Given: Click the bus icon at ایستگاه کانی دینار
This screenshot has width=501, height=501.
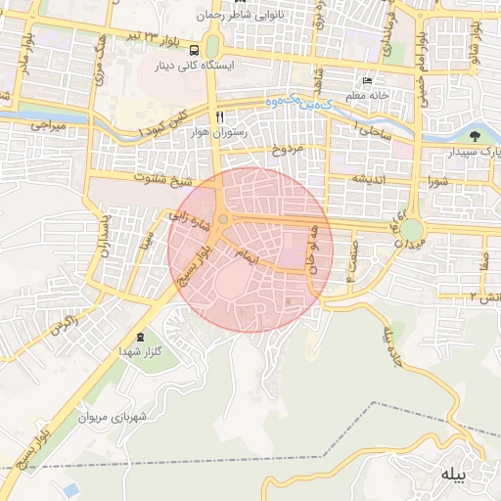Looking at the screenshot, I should tap(196, 50).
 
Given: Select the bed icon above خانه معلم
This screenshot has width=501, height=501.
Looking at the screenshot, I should tap(368, 80).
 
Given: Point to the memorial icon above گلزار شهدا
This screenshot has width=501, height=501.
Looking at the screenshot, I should tap(139, 338).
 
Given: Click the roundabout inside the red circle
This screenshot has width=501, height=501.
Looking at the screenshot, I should tap(223, 218).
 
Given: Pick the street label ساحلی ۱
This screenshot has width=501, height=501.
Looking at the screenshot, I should tap(373, 128).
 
